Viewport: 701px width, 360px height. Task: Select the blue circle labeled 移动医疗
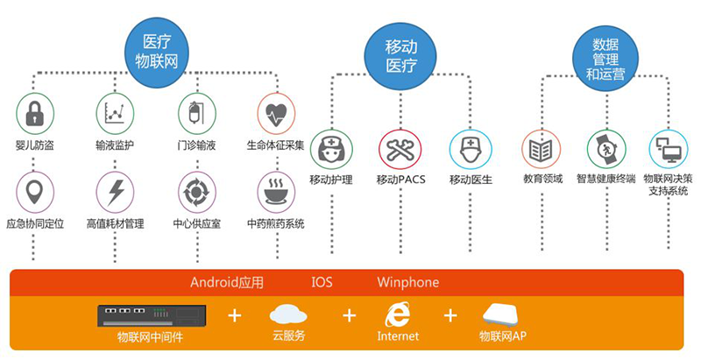pyautogui.click(x=400, y=53)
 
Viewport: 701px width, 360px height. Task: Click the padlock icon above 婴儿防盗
pyautogui.click(x=35, y=113)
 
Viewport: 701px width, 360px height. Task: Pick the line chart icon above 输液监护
pyautogui.click(x=115, y=113)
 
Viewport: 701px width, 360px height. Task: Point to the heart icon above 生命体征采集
pyautogui.click(x=276, y=113)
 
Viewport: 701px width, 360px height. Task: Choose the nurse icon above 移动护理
pyautogui.click(x=330, y=148)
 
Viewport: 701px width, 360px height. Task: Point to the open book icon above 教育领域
pyautogui.click(x=541, y=148)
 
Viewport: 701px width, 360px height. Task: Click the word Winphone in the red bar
pyautogui.click(x=407, y=283)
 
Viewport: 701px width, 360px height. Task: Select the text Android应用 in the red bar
pyautogui.click(x=226, y=283)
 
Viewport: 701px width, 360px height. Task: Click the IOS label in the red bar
pyautogui.click(x=322, y=283)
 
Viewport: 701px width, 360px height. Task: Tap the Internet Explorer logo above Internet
pyautogui.click(x=399, y=314)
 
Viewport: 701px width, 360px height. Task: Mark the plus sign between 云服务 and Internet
pyautogui.click(x=350, y=315)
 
